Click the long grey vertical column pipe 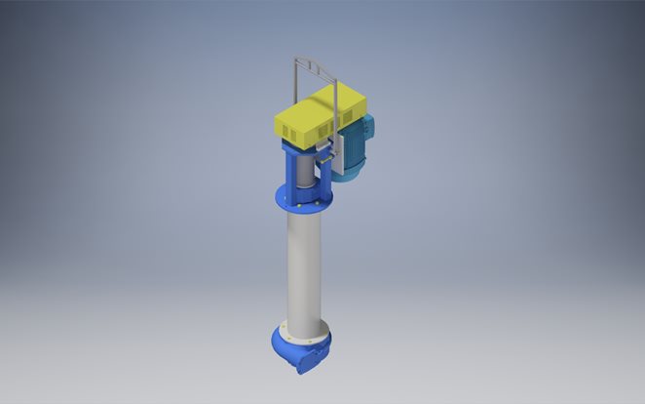pos(306,263)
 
